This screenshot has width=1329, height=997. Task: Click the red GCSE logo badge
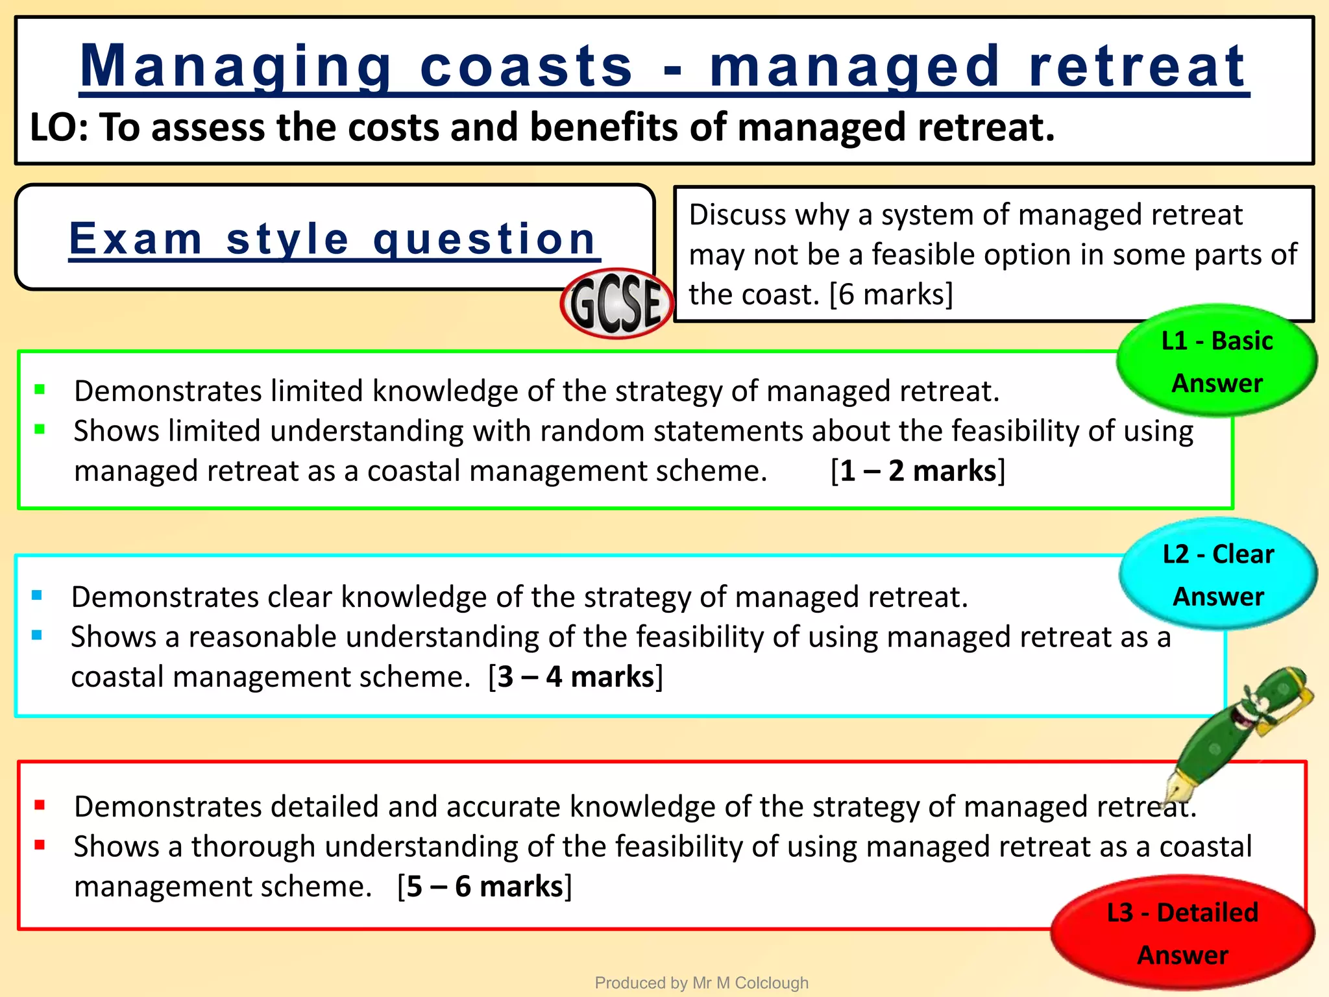(616, 304)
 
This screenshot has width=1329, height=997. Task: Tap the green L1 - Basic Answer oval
(1216, 362)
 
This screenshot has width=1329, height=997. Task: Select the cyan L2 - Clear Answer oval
(1217, 574)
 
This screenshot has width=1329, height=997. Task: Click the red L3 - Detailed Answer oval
(1182, 933)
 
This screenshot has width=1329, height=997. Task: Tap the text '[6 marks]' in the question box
(891, 295)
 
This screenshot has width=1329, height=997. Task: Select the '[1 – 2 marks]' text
(918, 471)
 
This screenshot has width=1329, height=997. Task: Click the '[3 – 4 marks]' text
(576, 677)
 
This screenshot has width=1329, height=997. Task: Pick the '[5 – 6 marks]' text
(485, 887)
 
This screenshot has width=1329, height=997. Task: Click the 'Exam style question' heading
(333, 239)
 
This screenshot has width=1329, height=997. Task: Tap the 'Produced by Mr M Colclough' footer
(701, 983)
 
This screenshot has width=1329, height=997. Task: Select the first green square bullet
(40, 389)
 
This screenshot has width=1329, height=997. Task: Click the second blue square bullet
(37, 635)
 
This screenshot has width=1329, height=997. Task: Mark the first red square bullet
(40, 806)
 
